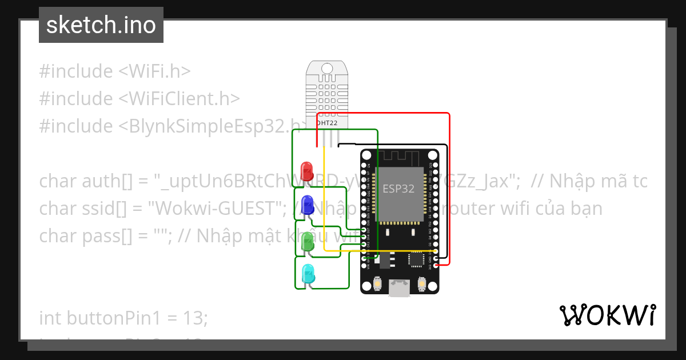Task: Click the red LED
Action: point(307,170)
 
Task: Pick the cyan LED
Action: point(308,274)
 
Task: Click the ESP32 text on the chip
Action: point(398,189)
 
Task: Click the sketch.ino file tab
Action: point(101,25)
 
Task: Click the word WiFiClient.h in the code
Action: point(179,98)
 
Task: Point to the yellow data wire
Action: point(325,200)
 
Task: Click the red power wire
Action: point(449,189)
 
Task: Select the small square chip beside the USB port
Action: point(416,260)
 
